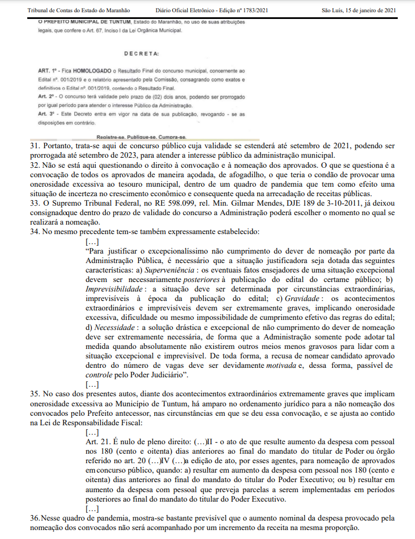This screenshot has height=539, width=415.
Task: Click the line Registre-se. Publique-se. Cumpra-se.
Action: pos(141,136)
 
